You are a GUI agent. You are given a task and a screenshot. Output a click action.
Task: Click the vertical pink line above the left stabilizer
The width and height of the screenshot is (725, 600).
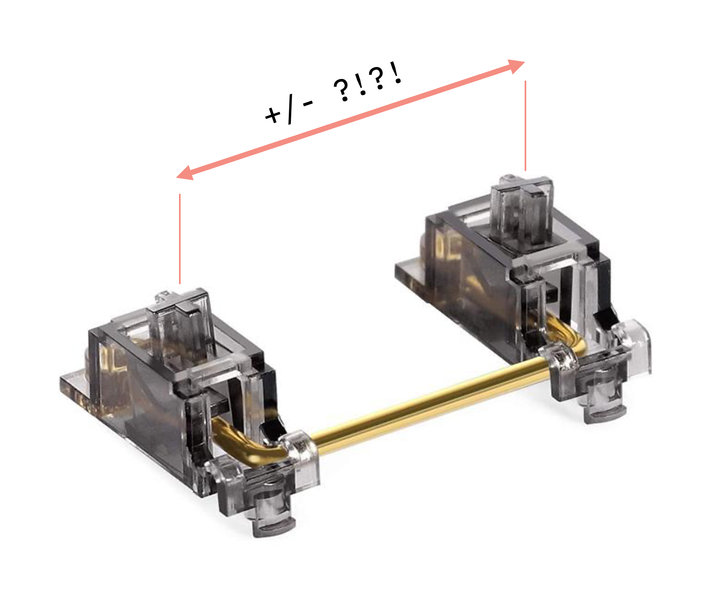pos(180,239)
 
